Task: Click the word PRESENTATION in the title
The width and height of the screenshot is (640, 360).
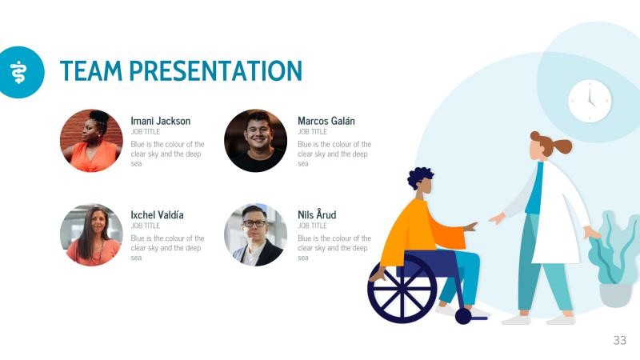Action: click(216, 71)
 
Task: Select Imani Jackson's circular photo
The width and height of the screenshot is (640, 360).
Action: click(91, 141)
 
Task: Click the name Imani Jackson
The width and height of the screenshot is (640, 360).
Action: click(161, 121)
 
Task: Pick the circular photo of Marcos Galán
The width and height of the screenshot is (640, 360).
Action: click(255, 141)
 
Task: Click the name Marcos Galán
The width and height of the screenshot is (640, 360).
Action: click(326, 121)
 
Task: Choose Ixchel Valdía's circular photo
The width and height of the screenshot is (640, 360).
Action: click(91, 234)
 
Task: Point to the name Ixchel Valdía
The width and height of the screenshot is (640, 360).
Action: click(158, 215)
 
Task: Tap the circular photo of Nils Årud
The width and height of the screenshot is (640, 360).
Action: click(255, 234)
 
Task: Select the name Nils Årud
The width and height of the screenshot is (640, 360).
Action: click(317, 215)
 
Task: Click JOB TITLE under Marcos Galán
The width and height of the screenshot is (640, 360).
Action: click(312, 131)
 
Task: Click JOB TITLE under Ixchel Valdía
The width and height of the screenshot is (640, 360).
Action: click(145, 226)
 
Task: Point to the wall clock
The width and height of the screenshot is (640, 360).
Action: click(590, 102)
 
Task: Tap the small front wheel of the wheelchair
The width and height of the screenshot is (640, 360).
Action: click(463, 316)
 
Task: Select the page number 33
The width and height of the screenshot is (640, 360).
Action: click(619, 340)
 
